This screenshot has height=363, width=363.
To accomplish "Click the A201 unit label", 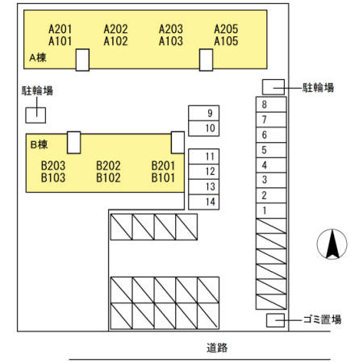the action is pyautogui.click(x=60, y=29).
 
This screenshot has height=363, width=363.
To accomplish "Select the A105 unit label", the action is pyautogui.click(x=226, y=41).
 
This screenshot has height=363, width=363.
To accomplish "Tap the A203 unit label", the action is pyautogui.click(x=171, y=29).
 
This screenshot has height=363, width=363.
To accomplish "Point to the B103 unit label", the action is pyautogui.click(x=53, y=177).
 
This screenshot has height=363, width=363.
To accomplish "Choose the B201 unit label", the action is pyautogui.click(x=163, y=165).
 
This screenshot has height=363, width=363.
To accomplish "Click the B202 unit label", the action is pyautogui.click(x=108, y=165).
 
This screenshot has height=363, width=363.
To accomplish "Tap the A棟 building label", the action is pyautogui.click(x=38, y=57).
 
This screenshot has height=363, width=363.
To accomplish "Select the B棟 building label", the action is pyautogui.click(x=39, y=144).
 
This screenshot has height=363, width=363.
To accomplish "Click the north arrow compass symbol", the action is pyautogui.click(x=332, y=244).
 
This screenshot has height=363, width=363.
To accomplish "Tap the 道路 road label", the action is pyautogui.click(x=217, y=348).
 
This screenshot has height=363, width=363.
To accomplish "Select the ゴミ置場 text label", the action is pyautogui.click(x=322, y=319).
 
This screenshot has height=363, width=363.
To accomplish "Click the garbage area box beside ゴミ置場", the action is pyautogui.click(x=275, y=320).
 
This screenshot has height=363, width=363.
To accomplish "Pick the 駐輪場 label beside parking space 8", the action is pyautogui.click(x=318, y=88).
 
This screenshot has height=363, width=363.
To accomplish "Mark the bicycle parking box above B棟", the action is pyautogui.click(x=35, y=115).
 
